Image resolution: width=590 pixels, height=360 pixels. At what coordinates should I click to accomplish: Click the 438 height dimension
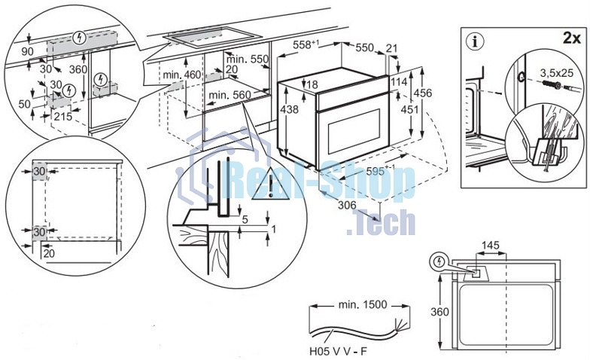289,109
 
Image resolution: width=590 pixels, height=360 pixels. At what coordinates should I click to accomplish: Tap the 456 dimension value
424,93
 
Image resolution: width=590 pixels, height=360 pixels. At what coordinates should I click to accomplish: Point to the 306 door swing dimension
347,205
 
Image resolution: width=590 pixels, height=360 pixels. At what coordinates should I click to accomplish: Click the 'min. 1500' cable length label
363,304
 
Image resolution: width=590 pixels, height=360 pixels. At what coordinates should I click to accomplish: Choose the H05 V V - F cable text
338,351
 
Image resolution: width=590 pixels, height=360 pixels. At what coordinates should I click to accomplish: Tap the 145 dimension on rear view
491,246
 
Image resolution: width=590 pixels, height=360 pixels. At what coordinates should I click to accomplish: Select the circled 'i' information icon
476,41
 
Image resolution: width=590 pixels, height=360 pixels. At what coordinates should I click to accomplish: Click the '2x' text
572,38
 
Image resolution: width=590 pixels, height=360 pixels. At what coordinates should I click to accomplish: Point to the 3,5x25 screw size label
557,72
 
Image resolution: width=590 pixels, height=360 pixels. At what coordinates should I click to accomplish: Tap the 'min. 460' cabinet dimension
182,75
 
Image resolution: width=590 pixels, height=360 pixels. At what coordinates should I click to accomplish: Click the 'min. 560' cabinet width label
230,95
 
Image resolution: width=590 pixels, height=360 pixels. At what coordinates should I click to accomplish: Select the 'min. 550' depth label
248,59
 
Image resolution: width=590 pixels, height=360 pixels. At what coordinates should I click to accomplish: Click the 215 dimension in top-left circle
63,116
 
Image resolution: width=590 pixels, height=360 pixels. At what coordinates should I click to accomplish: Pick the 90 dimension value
27,51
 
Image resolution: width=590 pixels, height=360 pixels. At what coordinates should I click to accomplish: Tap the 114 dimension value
399,81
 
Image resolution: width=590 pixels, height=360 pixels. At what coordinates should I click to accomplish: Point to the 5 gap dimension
245,219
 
